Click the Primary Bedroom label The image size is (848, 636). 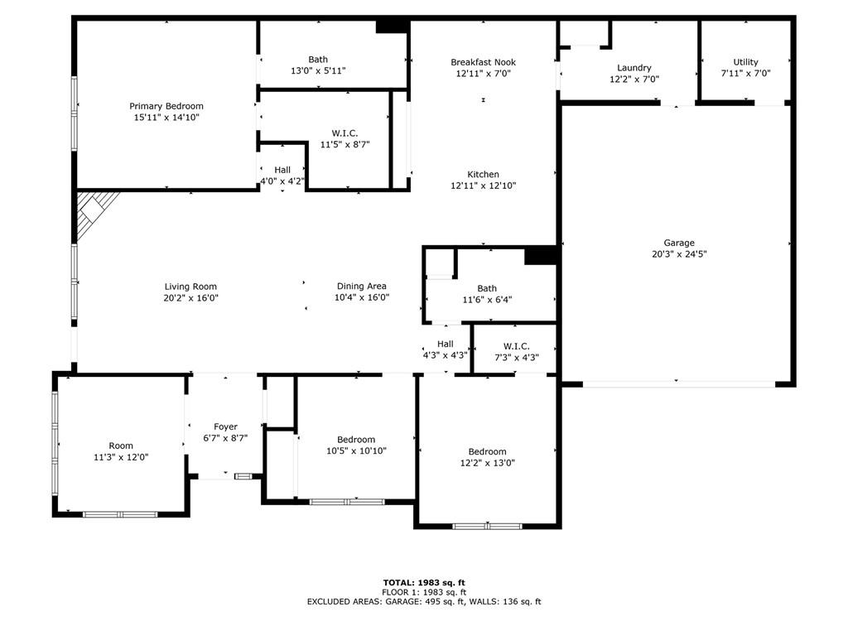pyautogui.click(x=166, y=106)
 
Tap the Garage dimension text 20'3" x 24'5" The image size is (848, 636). pyautogui.click(x=678, y=254)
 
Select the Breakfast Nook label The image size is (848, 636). pyautogui.click(x=483, y=62)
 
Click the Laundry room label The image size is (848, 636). pyautogui.click(x=634, y=68)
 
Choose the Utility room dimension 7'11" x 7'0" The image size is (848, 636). pyautogui.click(x=745, y=73)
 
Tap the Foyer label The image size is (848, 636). pyautogui.click(x=225, y=427)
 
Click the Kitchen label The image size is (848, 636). pyautogui.click(x=483, y=175)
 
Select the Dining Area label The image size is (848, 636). pyautogui.click(x=361, y=287)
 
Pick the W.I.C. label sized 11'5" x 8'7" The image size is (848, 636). pyautogui.click(x=344, y=132)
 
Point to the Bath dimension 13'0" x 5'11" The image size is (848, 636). pyautogui.click(x=318, y=70)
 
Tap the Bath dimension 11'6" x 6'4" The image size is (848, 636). pyautogui.click(x=487, y=300)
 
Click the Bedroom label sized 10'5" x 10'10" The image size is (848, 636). pyautogui.click(x=356, y=440)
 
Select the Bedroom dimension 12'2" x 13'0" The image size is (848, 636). pyautogui.click(x=487, y=463)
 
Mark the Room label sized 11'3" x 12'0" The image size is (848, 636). pyautogui.click(x=121, y=446)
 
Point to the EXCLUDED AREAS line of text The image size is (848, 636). pyautogui.click(x=423, y=602)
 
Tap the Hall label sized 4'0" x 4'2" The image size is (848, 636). pyautogui.click(x=282, y=170)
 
